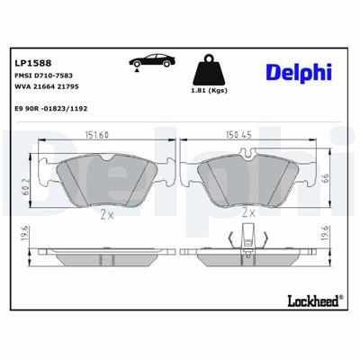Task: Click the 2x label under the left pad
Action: [108, 215]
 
